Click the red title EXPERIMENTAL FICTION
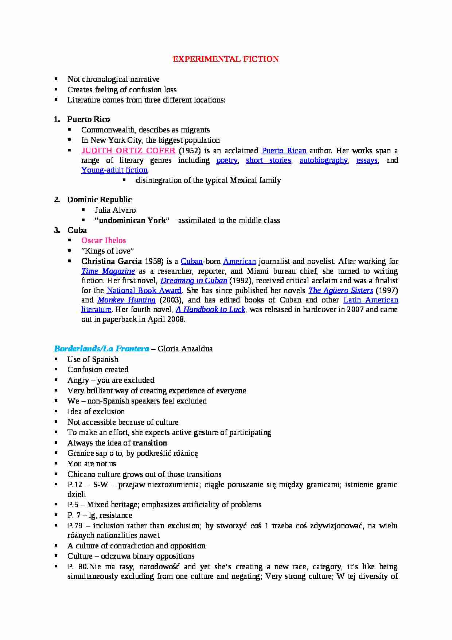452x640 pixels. pos(226,59)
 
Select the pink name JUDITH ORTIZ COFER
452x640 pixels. pos(128,151)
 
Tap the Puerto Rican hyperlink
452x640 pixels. pos(284,151)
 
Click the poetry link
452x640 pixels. pos(227,160)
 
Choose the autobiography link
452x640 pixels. pos(323,160)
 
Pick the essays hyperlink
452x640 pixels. pos(367,160)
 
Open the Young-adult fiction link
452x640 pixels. pos(114,170)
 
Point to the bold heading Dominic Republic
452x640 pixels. pos(99,200)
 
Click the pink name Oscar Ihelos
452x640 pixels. pos(104,240)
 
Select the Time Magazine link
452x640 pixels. pos(108,271)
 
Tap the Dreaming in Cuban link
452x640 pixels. pos(194,281)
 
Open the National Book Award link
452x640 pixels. pos(144,290)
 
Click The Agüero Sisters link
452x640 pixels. pos(341,290)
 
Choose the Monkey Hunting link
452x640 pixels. pos(126,300)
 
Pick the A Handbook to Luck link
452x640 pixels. pos(210,309)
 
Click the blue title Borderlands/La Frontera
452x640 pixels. pos(101,349)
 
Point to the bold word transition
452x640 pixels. pos(150,443)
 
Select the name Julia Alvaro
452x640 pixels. pos(115,210)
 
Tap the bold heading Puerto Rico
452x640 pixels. pos(89,119)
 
